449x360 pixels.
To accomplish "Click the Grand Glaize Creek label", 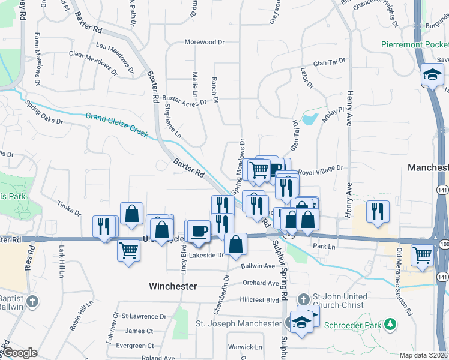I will point(116,124).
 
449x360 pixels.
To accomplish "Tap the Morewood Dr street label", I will point(204,43).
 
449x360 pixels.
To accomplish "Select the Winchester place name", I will point(173,286).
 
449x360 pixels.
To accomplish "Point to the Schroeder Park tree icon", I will point(391,325).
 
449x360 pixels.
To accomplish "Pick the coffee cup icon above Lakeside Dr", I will point(199,230).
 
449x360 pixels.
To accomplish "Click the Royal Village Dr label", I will point(321,170).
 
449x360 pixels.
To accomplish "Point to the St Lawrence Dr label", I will point(144,316).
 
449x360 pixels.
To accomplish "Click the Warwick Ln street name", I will point(246,347).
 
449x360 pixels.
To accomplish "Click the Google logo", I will point(20,353).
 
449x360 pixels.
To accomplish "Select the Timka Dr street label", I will point(70,208).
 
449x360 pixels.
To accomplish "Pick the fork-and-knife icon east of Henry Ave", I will point(378,212).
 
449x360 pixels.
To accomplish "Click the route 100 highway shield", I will point(444,245).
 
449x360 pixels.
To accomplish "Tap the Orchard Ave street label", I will point(261,283).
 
